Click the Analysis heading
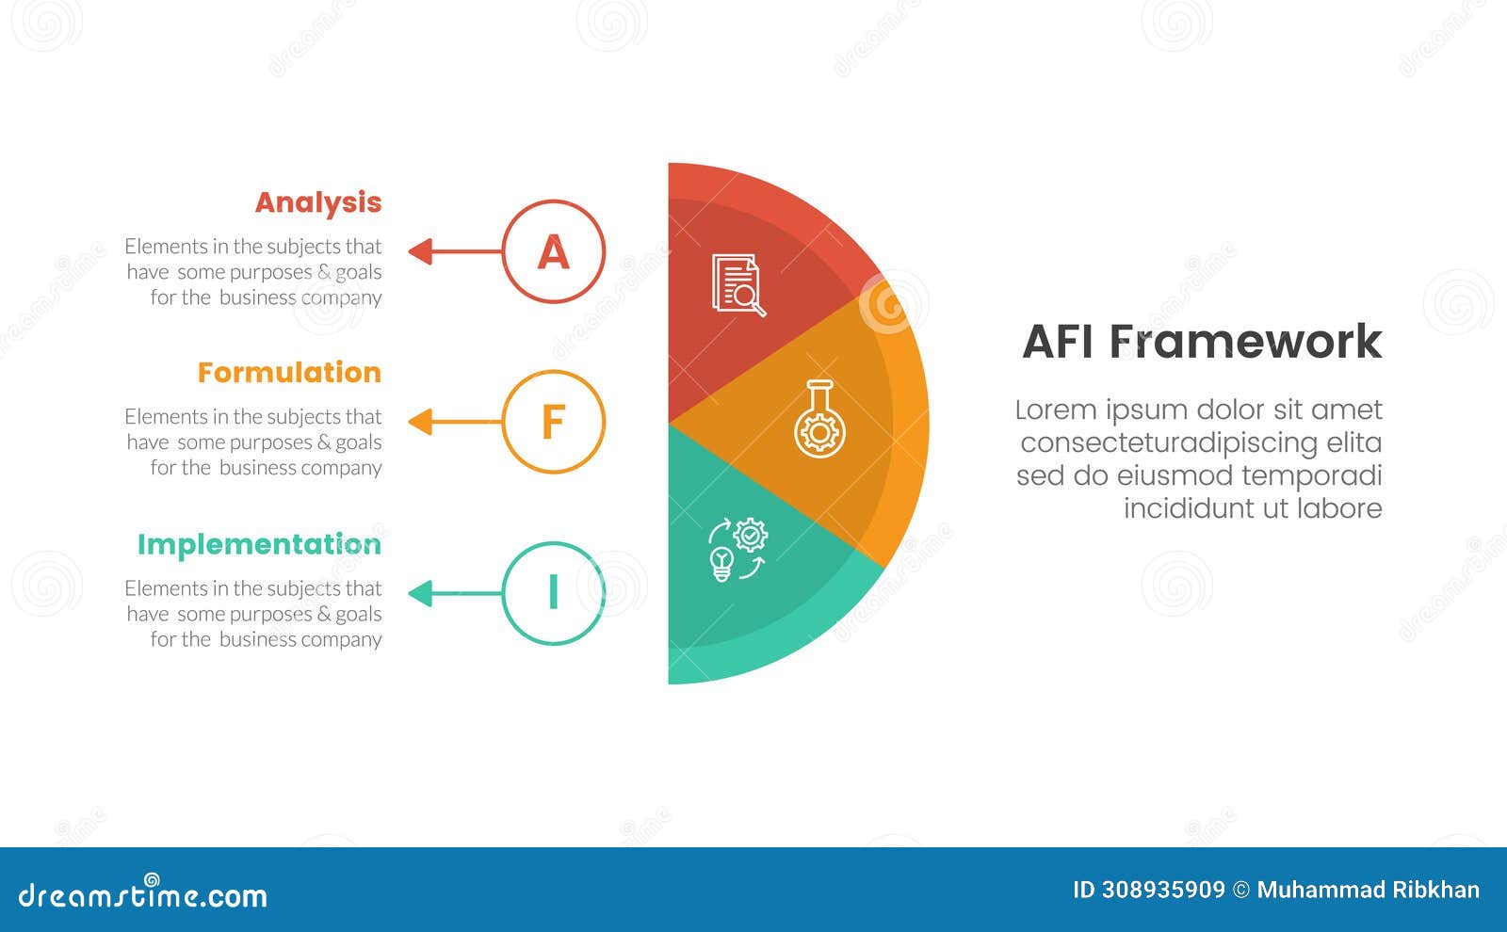pyautogui.click(x=318, y=203)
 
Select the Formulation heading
pyautogui.click(x=289, y=373)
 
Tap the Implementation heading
pyautogui.click(x=259, y=545)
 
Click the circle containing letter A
pyautogui.click(x=554, y=251)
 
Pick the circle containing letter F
pyautogui.click(x=554, y=422)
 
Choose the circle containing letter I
pyautogui.click(x=554, y=593)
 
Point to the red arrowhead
pyautogui.click(x=420, y=251)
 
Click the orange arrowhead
pyautogui.click(x=420, y=422)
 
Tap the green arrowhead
pyautogui.click(x=420, y=593)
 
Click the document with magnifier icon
pyautogui.click(x=738, y=285)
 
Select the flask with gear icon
pyautogui.click(x=819, y=420)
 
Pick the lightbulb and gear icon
pyautogui.click(x=737, y=550)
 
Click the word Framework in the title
pyautogui.click(x=1245, y=341)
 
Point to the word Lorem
pyautogui.click(x=1055, y=410)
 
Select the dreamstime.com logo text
pyautogui.click(x=143, y=894)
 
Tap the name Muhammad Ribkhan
pyautogui.click(x=1368, y=890)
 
